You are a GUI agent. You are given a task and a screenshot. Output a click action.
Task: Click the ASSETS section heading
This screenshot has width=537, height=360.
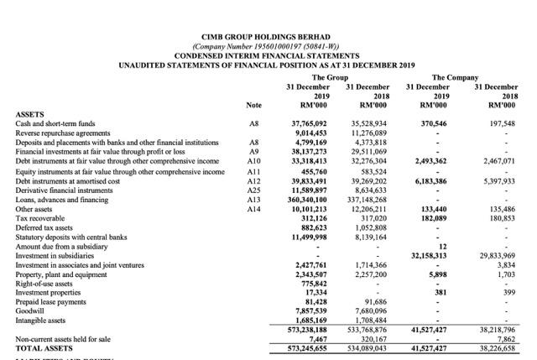(x=33, y=113)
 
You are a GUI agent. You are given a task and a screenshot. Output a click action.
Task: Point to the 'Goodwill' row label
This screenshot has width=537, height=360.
(x=32, y=310)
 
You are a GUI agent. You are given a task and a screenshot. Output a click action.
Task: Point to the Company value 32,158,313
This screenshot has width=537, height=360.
(x=426, y=254)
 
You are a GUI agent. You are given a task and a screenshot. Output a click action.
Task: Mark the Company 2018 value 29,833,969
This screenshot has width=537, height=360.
(x=496, y=254)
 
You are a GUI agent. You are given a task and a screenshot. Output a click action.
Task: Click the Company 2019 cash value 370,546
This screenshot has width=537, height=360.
(x=430, y=123)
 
